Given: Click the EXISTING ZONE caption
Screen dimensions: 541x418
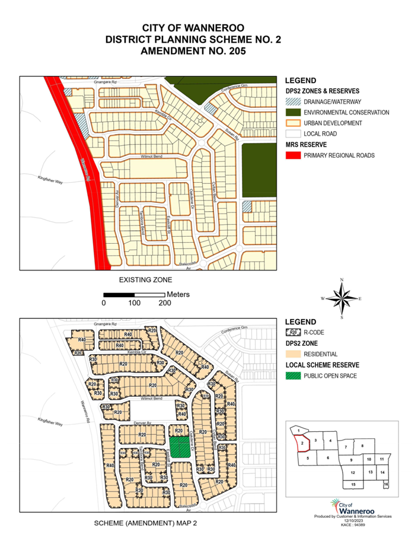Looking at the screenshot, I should [x=145, y=279].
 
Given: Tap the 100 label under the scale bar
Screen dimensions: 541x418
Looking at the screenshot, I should [x=134, y=303].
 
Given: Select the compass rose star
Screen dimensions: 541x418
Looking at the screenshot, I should [x=342, y=298].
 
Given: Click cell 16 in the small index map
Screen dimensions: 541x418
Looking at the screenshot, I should [x=385, y=485].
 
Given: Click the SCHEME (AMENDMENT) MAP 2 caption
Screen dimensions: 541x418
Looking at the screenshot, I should [x=145, y=524].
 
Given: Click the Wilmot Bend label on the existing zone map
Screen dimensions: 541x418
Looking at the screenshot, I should [x=151, y=157].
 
